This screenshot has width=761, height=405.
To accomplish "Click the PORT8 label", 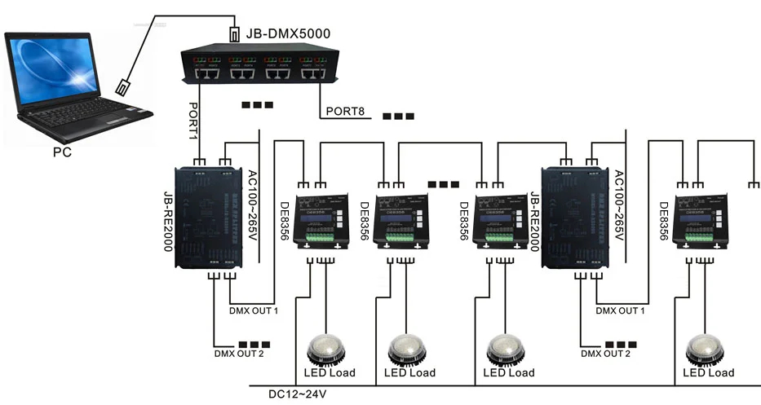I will pyautogui.click(x=344, y=111).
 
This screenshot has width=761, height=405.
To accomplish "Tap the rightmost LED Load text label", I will pyautogui.click(x=708, y=373).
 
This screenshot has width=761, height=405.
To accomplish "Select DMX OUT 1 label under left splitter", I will pyautogui.click(x=254, y=310).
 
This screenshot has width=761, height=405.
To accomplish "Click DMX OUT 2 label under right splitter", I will pyautogui.click(x=604, y=353).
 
